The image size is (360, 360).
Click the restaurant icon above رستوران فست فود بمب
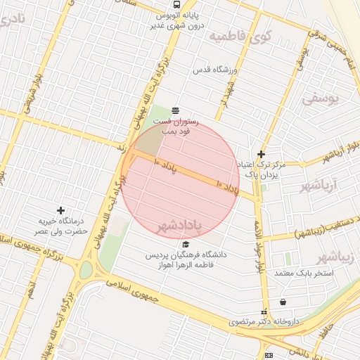[175, 110]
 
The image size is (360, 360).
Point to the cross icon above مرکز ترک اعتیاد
[261, 154]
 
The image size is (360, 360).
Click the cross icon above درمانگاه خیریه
[61, 210]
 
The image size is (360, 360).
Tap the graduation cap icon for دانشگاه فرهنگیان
[186, 244]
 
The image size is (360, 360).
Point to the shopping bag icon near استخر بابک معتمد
[283, 302]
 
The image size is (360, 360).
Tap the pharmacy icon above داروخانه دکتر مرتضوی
[264, 312]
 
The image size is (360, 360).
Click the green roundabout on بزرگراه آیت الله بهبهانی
[86, 270]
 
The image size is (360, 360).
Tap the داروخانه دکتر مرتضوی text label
[264, 322]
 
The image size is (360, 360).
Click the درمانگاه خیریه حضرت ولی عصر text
[62, 226]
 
